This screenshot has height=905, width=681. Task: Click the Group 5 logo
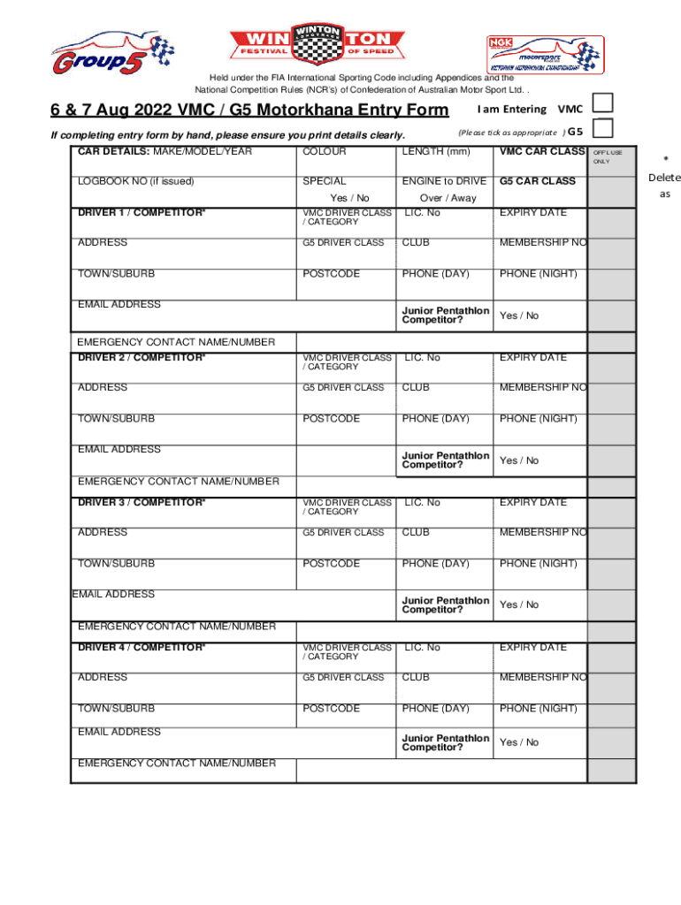click(111, 53)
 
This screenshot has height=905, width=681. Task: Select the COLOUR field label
click(325, 152)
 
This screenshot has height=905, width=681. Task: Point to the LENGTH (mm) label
click(435, 152)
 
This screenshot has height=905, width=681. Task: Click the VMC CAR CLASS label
click(541, 152)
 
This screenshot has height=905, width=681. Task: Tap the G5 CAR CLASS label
click(537, 181)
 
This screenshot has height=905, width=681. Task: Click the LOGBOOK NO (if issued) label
click(135, 181)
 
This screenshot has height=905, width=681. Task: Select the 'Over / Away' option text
click(448, 198)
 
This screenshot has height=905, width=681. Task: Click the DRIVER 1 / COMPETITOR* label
click(142, 212)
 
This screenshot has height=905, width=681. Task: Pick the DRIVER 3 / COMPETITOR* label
click(142, 502)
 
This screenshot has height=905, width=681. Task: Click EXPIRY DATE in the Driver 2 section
click(532, 358)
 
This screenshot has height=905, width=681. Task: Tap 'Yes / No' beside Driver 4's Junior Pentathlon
click(519, 742)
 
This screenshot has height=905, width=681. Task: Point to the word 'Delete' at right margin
click(663, 178)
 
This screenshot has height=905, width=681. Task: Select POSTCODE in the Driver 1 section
click(331, 274)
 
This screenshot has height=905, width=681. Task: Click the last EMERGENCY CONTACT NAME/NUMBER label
click(176, 763)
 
